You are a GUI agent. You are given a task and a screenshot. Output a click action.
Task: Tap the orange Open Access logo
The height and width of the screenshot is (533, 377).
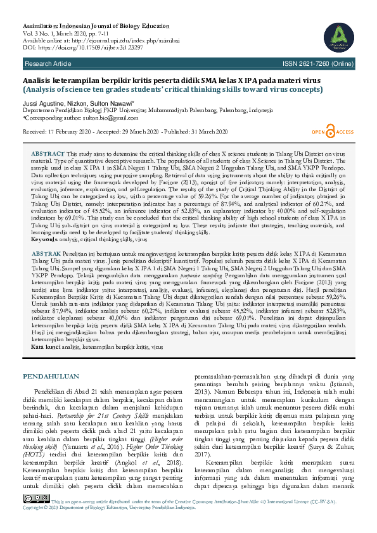pyautogui.click(x=332, y=130)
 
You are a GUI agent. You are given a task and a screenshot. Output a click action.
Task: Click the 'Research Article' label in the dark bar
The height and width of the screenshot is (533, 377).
pyautogui.click(x=48, y=65)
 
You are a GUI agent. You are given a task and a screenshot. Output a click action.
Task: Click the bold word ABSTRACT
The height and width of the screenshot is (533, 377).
pyautogui.click(x=48, y=154)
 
